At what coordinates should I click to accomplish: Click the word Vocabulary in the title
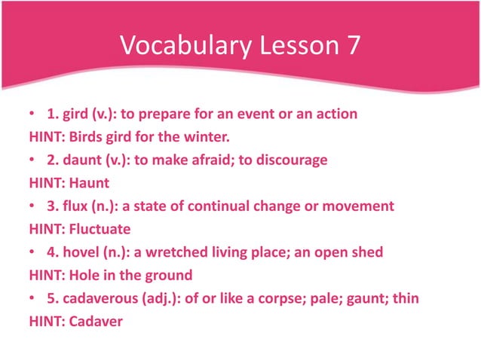click(182, 47)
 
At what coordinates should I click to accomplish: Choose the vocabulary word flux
click(73, 206)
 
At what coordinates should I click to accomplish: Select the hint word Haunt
click(89, 183)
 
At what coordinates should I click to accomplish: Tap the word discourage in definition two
click(291, 160)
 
